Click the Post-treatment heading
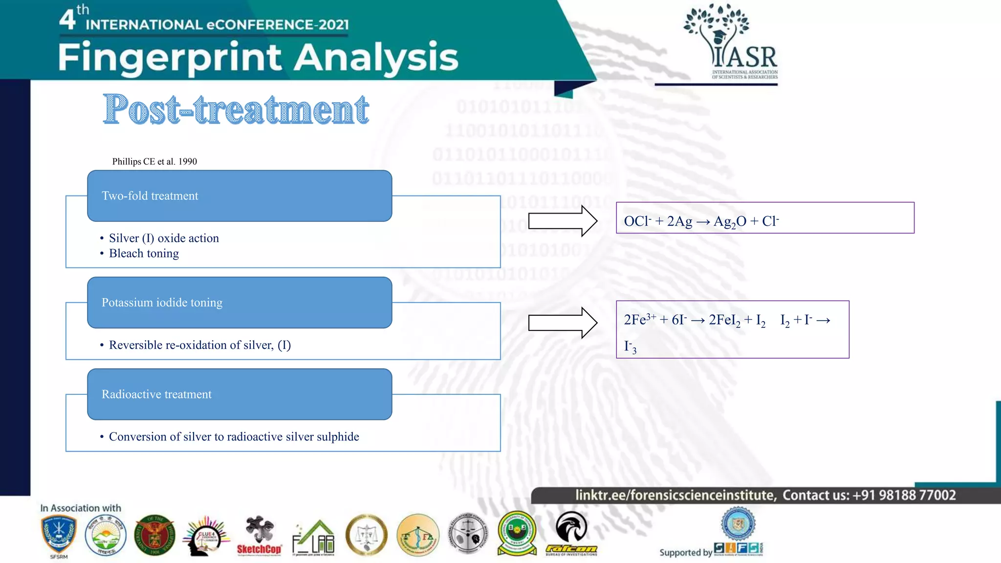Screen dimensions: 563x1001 pos(236,109)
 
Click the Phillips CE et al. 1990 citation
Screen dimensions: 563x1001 pos(154,161)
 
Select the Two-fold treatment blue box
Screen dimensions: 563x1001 pos(239,196)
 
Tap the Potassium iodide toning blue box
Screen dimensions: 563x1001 pos(239,303)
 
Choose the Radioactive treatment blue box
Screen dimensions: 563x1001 pos(239,394)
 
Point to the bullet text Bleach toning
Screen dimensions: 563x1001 pos(144,253)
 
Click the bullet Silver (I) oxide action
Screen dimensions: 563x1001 pos(164,238)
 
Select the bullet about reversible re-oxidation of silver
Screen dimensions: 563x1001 pos(199,345)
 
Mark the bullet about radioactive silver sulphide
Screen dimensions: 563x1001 pos(234,436)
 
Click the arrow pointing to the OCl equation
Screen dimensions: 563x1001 pos(562,221)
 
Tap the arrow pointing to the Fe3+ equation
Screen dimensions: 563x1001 pos(562,323)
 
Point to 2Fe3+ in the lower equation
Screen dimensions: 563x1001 pos(640,320)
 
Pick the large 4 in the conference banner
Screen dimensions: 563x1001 pos(67,20)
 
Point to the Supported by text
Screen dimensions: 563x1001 pos(685,552)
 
